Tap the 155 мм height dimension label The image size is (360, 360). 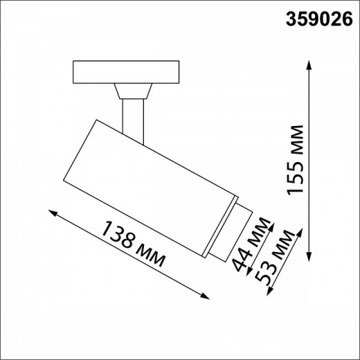coord(296,161)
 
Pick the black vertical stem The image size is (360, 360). coord(132,116)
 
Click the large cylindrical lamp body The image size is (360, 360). coord(149,180)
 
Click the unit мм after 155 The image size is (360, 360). coord(296,142)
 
